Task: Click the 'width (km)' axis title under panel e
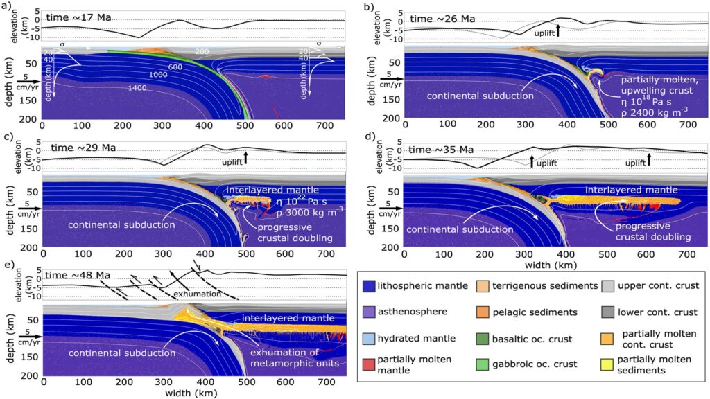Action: click(188, 393)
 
